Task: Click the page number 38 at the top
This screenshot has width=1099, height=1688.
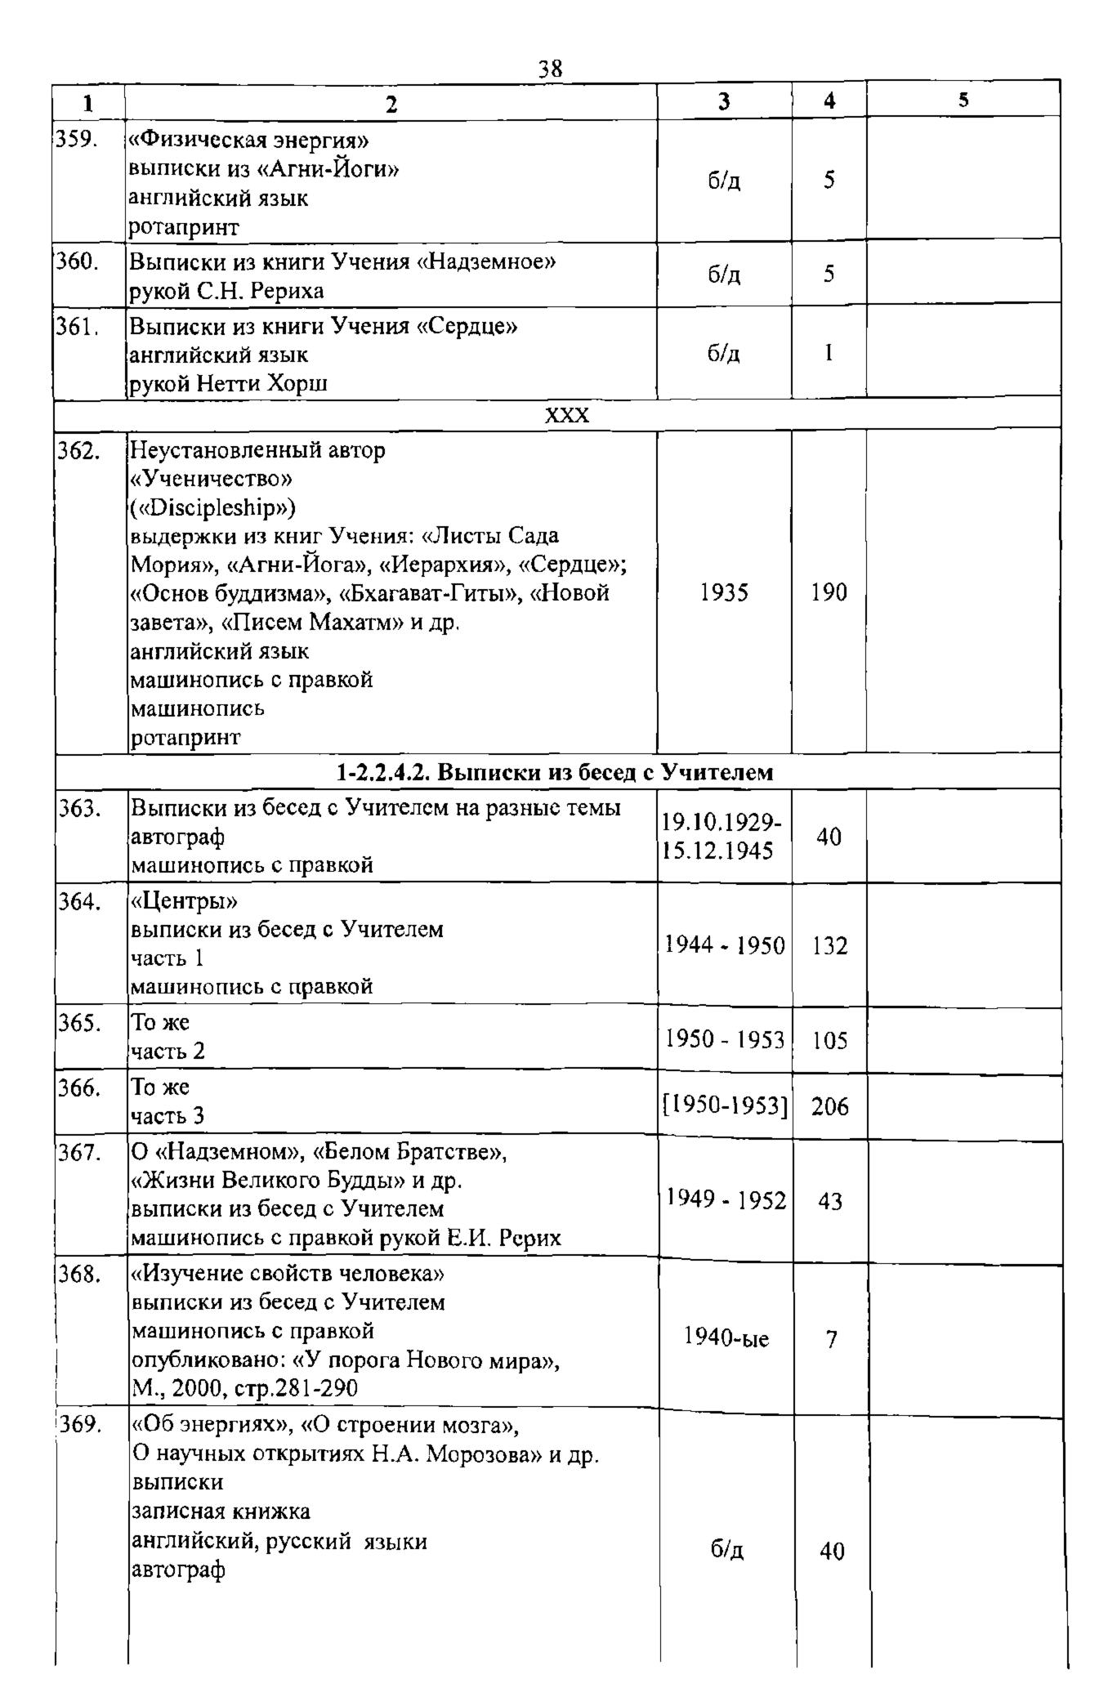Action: [550, 69]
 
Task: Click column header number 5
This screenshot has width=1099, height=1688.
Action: [963, 100]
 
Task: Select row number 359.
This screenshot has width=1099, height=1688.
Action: [77, 141]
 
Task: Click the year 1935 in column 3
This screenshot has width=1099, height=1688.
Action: [724, 592]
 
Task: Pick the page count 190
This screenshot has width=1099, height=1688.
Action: [829, 592]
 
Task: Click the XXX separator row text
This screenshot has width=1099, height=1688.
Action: [566, 416]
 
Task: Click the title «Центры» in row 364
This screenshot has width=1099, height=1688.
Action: [185, 901]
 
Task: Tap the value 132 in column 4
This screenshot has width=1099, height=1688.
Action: [829, 946]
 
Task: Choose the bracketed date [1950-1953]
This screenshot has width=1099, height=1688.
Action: [725, 1106]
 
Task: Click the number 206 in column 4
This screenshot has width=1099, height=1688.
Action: [829, 1106]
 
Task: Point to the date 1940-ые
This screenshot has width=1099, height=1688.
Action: [726, 1339]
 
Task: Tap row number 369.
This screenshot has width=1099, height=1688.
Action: [79, 1426]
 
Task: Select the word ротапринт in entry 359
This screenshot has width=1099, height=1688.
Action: [185, 227]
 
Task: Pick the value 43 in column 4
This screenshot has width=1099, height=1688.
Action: [830, 1201]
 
